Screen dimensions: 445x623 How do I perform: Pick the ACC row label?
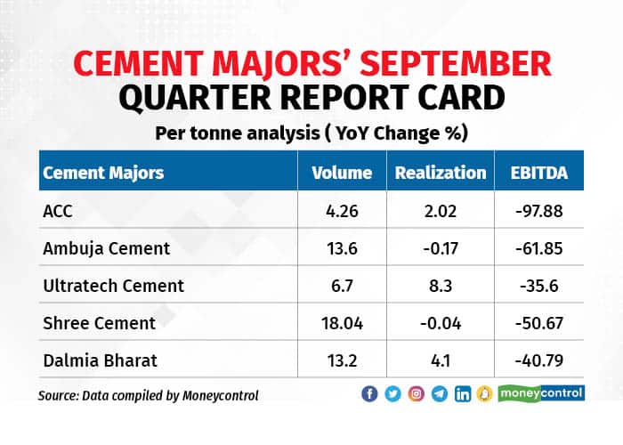click(57, 212)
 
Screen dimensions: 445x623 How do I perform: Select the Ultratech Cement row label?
click(113, 286)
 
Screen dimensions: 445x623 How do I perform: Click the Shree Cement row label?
click(99, 322)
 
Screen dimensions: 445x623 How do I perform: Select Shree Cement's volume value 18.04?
click(341, 322)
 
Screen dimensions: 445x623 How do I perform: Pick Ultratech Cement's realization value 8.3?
click(441, 286)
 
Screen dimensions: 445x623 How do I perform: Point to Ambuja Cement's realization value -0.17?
click(441, 249)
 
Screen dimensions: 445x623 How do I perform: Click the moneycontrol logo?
click(541, 393)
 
